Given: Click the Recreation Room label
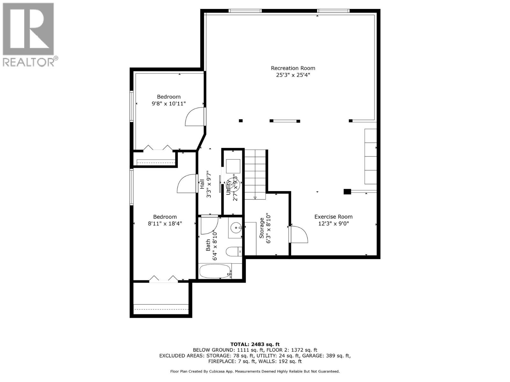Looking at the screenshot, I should pyautogui.click(x=293, y=68).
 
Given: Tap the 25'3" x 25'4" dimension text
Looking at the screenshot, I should pyautogui.click(x=293, y=75).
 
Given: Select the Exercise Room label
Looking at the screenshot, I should pyautogui.click(x=333, y=217).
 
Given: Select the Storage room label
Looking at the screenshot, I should pyautogui.click(x=262, y=228).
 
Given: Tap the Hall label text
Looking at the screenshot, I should pyautogui.click(x=202, y=184).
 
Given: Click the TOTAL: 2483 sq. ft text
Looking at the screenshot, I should pyautogui.click(x=255, y=344).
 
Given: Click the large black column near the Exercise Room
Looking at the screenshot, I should pyautogui.click(x=347, y=192).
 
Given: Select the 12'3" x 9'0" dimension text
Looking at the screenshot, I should pyautogui.click(x=333, y=223).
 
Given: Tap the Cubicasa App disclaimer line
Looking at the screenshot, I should pyautogui.click(x=255, y=371).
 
